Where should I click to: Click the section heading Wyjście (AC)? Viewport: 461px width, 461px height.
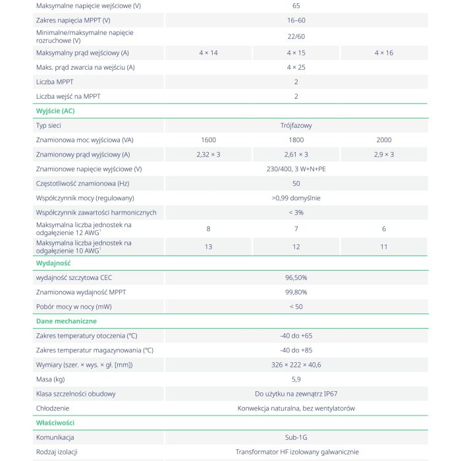tap(55, 111)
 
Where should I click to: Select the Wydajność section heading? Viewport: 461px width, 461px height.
tap(53, 263)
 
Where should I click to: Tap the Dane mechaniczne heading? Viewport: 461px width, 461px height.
tap(66, 321)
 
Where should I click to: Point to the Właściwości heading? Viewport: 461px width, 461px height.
tap(55, 422)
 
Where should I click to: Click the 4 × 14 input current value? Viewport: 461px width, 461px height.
tap(208, 53)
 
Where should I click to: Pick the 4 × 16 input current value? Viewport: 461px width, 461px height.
tap(383, 53)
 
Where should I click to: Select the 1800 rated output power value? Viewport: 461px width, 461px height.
tap(296, 140)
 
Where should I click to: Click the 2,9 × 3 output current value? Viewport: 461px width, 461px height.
tap(383, 154)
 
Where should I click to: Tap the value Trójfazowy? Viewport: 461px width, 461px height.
tap(296, 125)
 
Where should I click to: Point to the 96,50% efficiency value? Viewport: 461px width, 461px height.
tap(296, 277)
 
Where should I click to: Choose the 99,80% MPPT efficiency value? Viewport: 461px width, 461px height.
tap(296, 292)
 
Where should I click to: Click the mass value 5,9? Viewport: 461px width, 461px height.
tap(296, 379)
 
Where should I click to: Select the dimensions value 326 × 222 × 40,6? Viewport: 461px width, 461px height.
tap(296, 365)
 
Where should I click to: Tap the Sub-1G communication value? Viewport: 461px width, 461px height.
tap(296, 437)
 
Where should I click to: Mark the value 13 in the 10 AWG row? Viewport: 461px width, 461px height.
tap(208, 247)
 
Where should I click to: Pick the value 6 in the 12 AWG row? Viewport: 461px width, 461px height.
tap(383, 229)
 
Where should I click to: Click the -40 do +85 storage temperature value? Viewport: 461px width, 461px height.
tap(296, 350)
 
